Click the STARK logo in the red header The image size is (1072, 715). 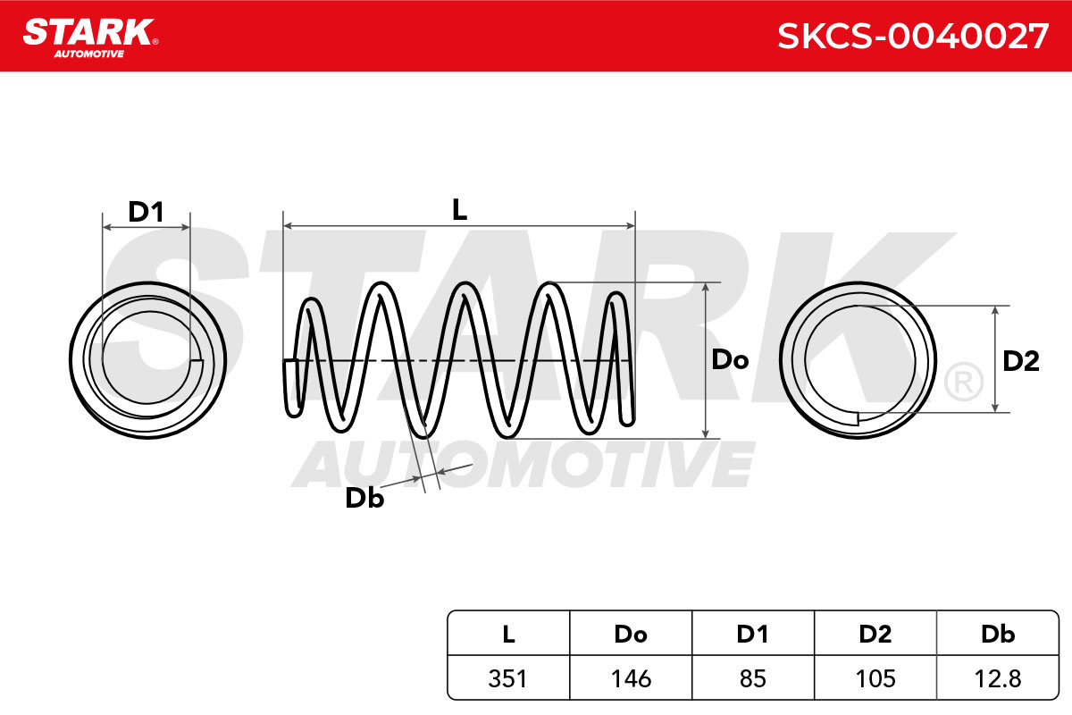pos(90,38)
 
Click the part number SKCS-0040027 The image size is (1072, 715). pos(913,37)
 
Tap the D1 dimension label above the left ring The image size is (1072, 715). pos(146,212)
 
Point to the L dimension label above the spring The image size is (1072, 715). pos(459,210)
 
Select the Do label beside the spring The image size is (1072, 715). pos(730,359)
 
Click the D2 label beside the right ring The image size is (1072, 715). pos(1021,361)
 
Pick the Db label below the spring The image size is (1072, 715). pos(364,498)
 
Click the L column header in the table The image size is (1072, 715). pos(508,634)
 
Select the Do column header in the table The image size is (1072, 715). pos(631,634)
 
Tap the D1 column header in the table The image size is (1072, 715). pos(753,634)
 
